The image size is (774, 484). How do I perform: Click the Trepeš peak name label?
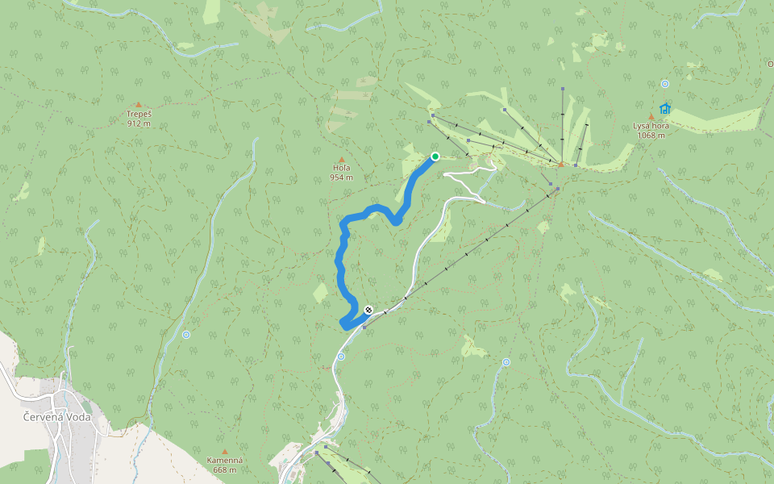point(139,115)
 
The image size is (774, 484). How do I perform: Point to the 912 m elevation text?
point(139,123)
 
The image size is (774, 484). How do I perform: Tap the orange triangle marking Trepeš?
point(138,105)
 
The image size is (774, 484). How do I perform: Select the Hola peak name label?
point(342,168)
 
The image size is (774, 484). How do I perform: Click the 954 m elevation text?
point(342,177)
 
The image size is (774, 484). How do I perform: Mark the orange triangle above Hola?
point(342,159)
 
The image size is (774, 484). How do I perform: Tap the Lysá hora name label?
point(651,126)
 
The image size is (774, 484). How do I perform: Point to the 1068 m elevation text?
point(651,135)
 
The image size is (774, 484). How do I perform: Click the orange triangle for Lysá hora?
point(651,117)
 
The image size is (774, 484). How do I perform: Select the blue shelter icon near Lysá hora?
point(664,108)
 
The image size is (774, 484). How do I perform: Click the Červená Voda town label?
point(56,417)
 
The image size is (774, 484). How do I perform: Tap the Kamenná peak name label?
point(225,461)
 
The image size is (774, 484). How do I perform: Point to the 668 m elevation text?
point(225,469)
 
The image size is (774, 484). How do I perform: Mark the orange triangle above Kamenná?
point(225,452)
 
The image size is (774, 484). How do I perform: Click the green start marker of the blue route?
point(435,156)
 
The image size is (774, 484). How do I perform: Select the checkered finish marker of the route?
point(368,309)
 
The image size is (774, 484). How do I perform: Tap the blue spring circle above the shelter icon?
point(664,84)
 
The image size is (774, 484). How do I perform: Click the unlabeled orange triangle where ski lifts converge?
point(561,165)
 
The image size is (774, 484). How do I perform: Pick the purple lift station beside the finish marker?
point(364,327)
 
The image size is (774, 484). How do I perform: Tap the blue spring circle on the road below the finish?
point(341,356)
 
